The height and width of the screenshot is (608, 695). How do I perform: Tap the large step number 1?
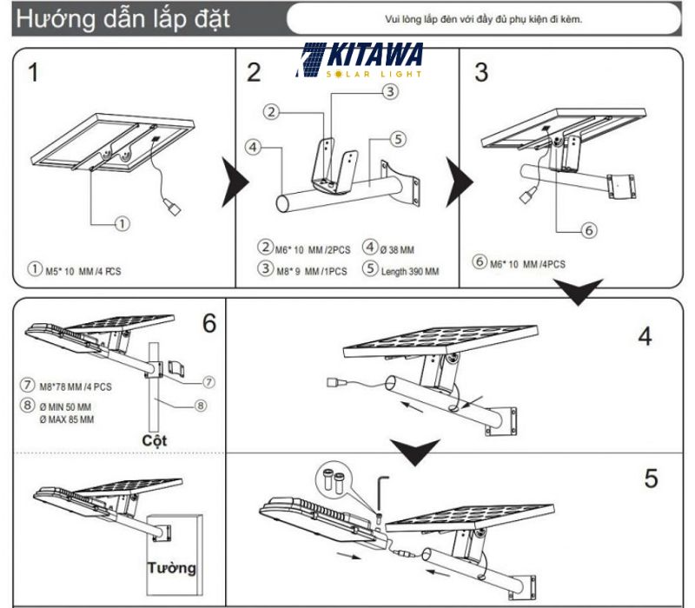coord(32,72)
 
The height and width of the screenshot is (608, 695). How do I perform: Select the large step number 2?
coord(253,72)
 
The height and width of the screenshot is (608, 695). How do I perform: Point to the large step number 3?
coord(480,72)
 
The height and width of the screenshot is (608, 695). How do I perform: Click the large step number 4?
coord(644,336)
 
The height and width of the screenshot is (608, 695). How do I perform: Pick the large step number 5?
coord(651,478)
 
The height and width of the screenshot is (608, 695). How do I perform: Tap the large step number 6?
coord(208,324)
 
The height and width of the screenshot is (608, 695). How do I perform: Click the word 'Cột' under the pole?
coord(154,439)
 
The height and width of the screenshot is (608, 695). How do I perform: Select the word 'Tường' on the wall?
coord(170,569)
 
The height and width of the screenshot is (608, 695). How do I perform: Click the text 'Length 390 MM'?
coord(408,271)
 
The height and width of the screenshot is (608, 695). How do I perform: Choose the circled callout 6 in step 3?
coord(586,230)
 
